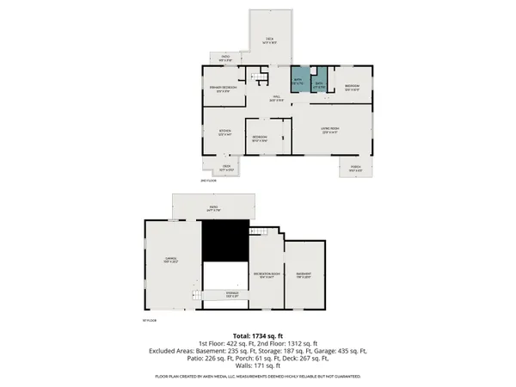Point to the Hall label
coord(276,97)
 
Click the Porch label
coord(355,168)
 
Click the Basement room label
coord(306,276)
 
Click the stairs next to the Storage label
coord(200,296)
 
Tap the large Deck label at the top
coord(269,40)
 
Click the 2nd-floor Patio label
coord(224,59)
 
